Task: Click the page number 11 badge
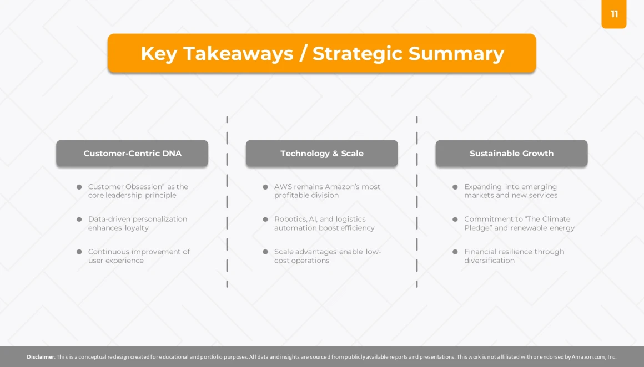tap(613, 14)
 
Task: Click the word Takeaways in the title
tap(238, 54)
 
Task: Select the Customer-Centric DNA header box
tap(132, 154)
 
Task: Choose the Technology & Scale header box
tap(322, 154)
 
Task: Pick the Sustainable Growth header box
tap(512, 154)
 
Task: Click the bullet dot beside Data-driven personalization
tap(79, 220)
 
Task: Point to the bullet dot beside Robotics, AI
tap(265, 220)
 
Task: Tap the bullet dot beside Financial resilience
tap(455, 252)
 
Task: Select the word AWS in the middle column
tap(283, 187)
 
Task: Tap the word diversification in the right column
tap(489, 261)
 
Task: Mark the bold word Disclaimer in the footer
tap(41, 357)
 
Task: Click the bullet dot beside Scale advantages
tap(265, 252)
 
